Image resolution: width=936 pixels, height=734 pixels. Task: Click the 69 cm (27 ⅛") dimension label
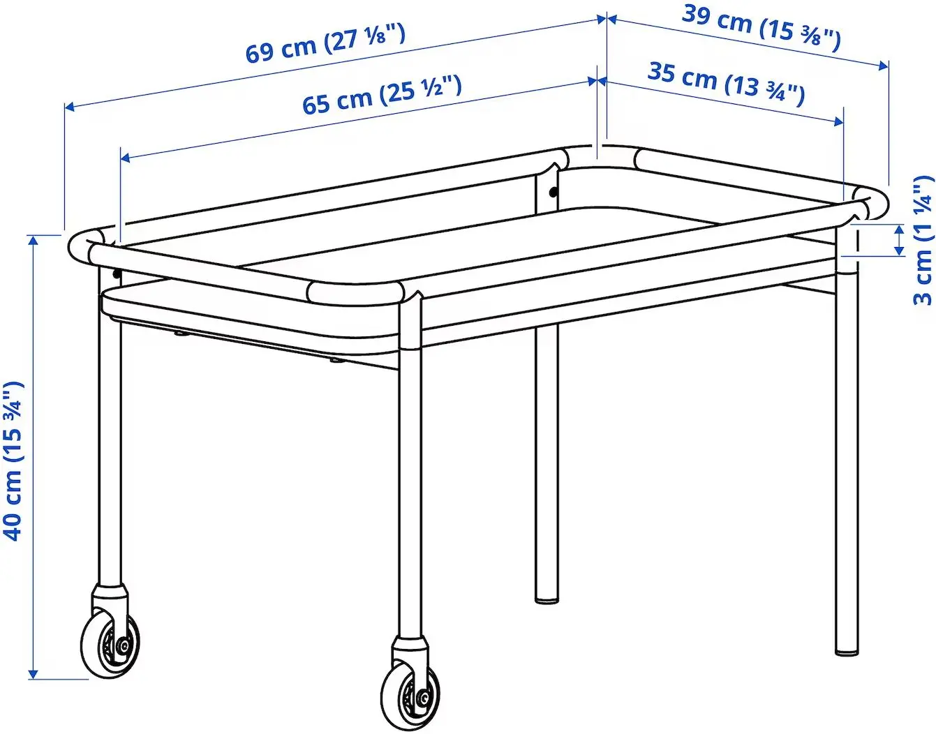tap(325, 43)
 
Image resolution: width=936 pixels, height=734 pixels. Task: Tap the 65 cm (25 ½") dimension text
tap(382, 95)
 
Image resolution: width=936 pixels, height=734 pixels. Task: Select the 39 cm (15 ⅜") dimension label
tap(762, 27)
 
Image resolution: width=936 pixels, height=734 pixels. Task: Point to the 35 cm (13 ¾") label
tap(726, 82)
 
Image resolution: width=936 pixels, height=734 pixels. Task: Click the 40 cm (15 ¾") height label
tap(14, 460)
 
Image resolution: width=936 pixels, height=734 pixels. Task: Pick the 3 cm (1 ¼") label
tap(923, 241)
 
